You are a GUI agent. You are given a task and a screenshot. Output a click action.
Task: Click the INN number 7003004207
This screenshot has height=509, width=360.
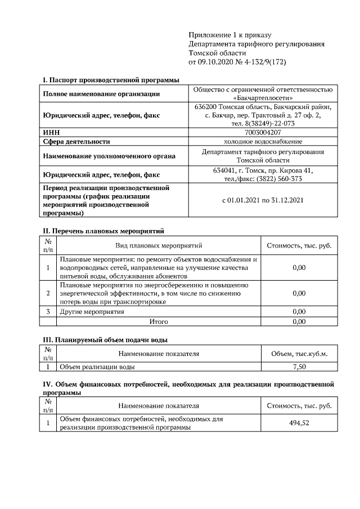[x=263, y=132]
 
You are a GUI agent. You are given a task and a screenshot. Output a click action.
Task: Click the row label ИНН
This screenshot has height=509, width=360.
[x=51, y=133]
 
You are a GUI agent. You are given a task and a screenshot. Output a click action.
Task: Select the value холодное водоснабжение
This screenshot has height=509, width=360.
[x=263, y=141]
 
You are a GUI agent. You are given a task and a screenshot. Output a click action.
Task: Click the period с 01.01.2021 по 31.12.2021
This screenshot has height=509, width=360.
[x=263, y=200]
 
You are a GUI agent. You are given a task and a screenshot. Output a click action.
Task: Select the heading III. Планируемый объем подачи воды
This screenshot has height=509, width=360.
[x=105, y=340]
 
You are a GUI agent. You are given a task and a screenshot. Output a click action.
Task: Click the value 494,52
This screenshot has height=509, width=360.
[x=299, y=423]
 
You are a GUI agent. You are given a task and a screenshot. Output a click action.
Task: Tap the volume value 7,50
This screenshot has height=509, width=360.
[x=299, y=367]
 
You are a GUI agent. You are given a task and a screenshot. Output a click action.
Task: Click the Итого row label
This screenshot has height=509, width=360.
[x=158, y=322]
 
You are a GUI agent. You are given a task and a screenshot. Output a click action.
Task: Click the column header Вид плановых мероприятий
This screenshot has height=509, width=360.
[x=158, y=246]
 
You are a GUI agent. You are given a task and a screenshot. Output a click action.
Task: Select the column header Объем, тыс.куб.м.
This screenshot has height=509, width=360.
[x=299, y=354]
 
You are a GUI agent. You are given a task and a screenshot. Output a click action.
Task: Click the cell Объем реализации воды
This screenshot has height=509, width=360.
[x=97, y=367]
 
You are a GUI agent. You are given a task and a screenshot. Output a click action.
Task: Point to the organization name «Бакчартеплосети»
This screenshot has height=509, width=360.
[x=263, y=97]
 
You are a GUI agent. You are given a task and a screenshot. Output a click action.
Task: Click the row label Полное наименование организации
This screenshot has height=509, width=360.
[x=101, y=93]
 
